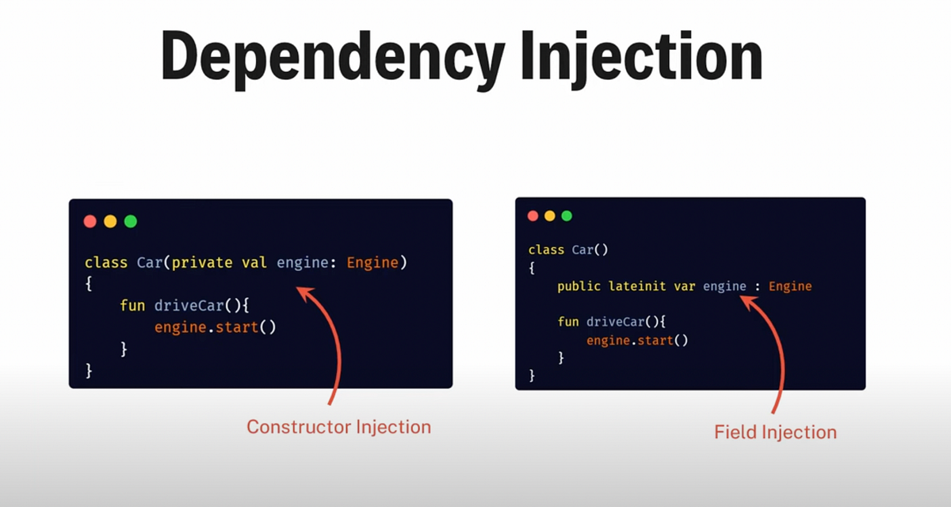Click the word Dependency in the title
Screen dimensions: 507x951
(x=333, y=57)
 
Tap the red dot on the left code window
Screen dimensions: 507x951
(x=90, y=221)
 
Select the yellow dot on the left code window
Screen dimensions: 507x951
(x=110, y=221)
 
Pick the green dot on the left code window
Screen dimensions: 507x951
(x=131, y=221)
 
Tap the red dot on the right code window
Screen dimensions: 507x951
(x=533, y=215)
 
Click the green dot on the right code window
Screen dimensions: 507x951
(x=567, y=215)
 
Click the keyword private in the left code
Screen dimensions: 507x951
(x=202, y=262)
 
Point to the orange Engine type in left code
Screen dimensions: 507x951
(x=372, y=262)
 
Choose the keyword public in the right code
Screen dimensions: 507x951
(x=579, y=286)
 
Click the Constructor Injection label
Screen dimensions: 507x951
(x=338, y=427)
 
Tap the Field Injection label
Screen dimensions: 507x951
(x=775, y=433)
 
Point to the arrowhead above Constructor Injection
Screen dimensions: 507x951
(x=303, y=294)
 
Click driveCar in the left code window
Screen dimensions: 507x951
(x=188, y=305)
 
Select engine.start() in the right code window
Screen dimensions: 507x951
(x=637, y=340)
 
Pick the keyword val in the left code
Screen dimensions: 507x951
(x=254, y=262)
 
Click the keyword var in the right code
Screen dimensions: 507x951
(x=685, y=286)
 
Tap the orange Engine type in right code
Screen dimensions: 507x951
(x=790, y=286)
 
